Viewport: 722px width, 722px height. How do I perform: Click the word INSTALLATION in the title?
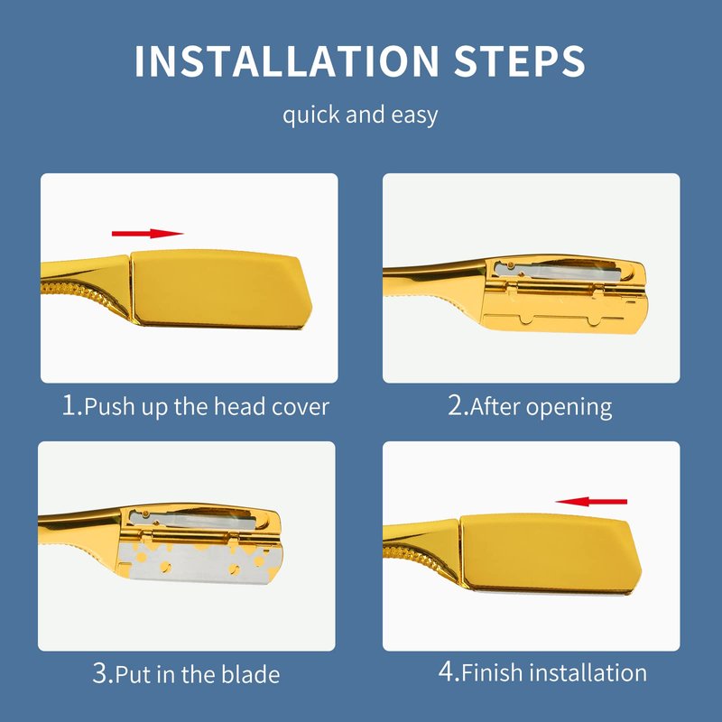click(287, 60)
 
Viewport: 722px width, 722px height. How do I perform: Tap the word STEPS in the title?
click(520, 60)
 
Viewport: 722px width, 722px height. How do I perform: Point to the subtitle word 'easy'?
click(414, 116)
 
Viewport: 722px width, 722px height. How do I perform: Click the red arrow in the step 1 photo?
click(147, 234)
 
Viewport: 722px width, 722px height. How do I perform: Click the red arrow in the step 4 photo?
click(591, 502)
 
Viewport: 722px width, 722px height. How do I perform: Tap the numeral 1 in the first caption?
click(69, 405)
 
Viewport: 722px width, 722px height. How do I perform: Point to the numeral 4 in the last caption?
click(446, 671)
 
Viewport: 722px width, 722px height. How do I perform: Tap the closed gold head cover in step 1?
click(221, 288)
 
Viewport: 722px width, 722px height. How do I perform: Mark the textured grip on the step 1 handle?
click(83, 293)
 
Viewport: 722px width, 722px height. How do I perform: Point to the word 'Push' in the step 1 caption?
click(109, 408)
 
